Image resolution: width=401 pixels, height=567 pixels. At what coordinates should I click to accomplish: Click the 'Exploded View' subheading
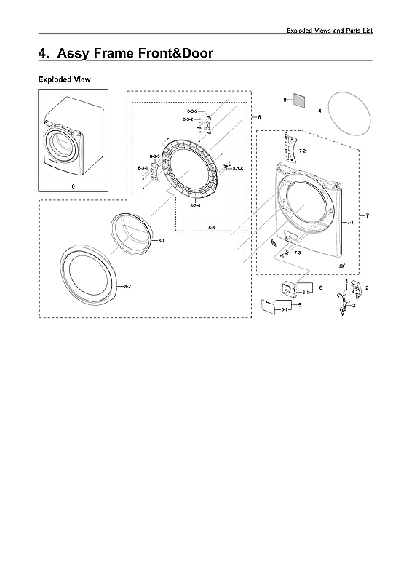(x=64, y=79)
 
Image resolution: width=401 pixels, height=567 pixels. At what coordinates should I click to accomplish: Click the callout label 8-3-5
(x=191, y=111)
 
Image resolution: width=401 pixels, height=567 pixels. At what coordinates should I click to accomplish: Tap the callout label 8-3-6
(x=238, y=168)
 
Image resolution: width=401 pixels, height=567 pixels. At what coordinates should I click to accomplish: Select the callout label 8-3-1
(x=143, y=168)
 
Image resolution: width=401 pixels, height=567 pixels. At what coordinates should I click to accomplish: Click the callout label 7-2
(x=302, y=151)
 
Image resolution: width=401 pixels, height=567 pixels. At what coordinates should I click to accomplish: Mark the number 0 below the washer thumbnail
(x=73, y=186)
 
